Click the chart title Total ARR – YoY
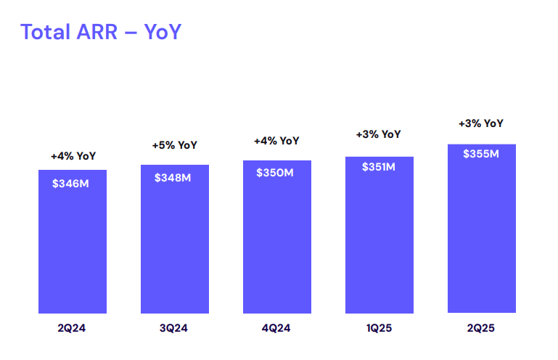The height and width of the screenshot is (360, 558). (x=101, y=32)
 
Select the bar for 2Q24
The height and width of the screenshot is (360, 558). (x=73, y=247)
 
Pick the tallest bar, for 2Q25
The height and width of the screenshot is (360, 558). (x=481, y=232)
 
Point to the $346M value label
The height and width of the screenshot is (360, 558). (x=71, y=184)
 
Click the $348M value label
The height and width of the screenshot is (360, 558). (x=173, y=178)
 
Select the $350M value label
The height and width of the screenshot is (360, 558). (x=275, y=173)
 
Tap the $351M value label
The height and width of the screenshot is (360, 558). (x=378, y=168)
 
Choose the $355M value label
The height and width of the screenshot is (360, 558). (x=481, y=154)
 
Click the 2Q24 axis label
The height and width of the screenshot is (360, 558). (x=72, y=329)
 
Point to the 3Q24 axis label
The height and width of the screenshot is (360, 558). (x=173, y=329)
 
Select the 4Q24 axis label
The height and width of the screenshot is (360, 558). (x=276, y=329)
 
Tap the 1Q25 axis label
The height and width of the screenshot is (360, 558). (x=378, y=329)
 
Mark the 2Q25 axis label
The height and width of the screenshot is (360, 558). (x=481, y=329)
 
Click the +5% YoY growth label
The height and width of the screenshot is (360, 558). (x=174, y=145)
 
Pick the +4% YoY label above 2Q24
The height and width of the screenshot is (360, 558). (x=73, y=155)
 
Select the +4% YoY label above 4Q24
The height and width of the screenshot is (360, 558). (x=276, y=141)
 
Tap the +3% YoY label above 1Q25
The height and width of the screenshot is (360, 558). (x=378, y=134)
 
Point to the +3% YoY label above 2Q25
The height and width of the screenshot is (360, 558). (x=481, y=123)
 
